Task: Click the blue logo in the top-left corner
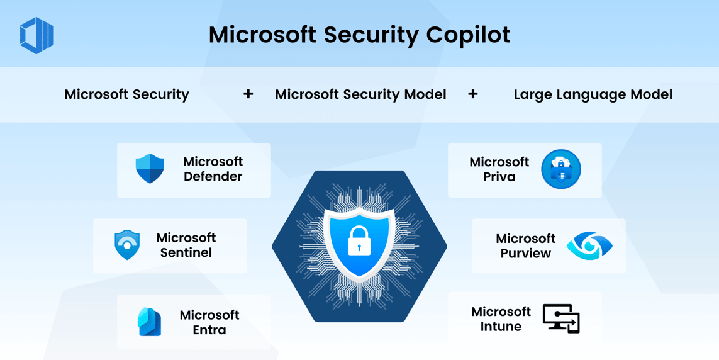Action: point(37,35)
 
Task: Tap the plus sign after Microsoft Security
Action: point(248,94)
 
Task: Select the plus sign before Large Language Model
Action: point(473,94)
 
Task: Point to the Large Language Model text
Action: point(593,94)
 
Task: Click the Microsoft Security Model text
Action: point(360,94)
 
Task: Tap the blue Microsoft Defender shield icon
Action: point(150,169)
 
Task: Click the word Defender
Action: point(213,177)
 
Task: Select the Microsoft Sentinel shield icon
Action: point(127,245)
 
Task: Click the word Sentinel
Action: point(186,253)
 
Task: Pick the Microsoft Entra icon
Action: point(149,322)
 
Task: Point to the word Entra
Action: point(209,330)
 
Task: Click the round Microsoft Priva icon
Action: point(560,169)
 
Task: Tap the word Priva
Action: point(499,177)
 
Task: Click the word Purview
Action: point(525,254)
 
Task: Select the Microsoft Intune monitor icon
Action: point(561,319)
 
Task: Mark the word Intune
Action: point(501,327)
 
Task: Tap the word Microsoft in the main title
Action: point(262,35)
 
